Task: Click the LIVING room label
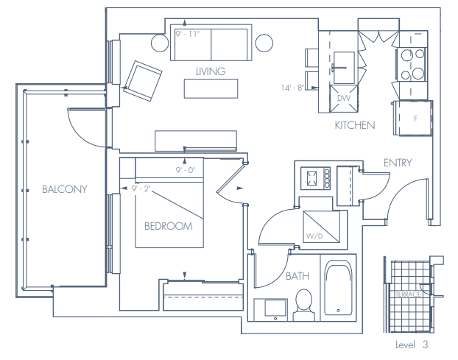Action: (211, 71)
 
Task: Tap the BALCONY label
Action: (64, 189)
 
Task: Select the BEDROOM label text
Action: (168, 226)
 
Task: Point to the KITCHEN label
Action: (355, 125)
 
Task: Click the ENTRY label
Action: (397, 163)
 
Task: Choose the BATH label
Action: (298, 277)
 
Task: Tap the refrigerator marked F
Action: (415, 118)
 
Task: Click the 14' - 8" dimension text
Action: (292, 88)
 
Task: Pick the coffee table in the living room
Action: (211, 88)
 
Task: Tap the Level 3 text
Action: (412, 345)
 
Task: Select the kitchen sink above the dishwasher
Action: (343, 67)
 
